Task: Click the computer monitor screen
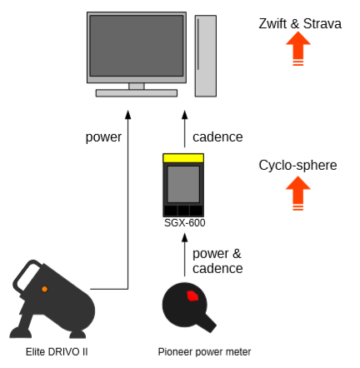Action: [x=137, y=46]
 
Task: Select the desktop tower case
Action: [x=206, y=56]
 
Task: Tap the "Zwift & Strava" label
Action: [x=300, y=23]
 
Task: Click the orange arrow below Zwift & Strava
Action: [x=298, y=48]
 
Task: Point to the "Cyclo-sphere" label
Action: [x=297, y=166]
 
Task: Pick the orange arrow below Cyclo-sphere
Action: [x=298, y=193]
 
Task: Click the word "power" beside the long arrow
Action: [x=103, y=137]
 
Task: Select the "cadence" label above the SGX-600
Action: [x=217, y=137]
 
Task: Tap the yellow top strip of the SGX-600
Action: [x=183, y=158]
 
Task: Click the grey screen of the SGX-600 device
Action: [x=183, y=184]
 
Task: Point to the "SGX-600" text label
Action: [x=184, y=223]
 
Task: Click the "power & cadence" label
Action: [x=217, y=261]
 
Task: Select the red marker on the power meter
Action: [x=192, y=296]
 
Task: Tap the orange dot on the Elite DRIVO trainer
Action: [x=44, y=289]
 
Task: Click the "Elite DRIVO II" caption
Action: [x=57, y=352]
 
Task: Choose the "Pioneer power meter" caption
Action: [x=204, y=352]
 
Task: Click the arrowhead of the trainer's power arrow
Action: [x=127, y=115]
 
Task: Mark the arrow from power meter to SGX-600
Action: [x=185, y=255]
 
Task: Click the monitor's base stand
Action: [x=137, y=93]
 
